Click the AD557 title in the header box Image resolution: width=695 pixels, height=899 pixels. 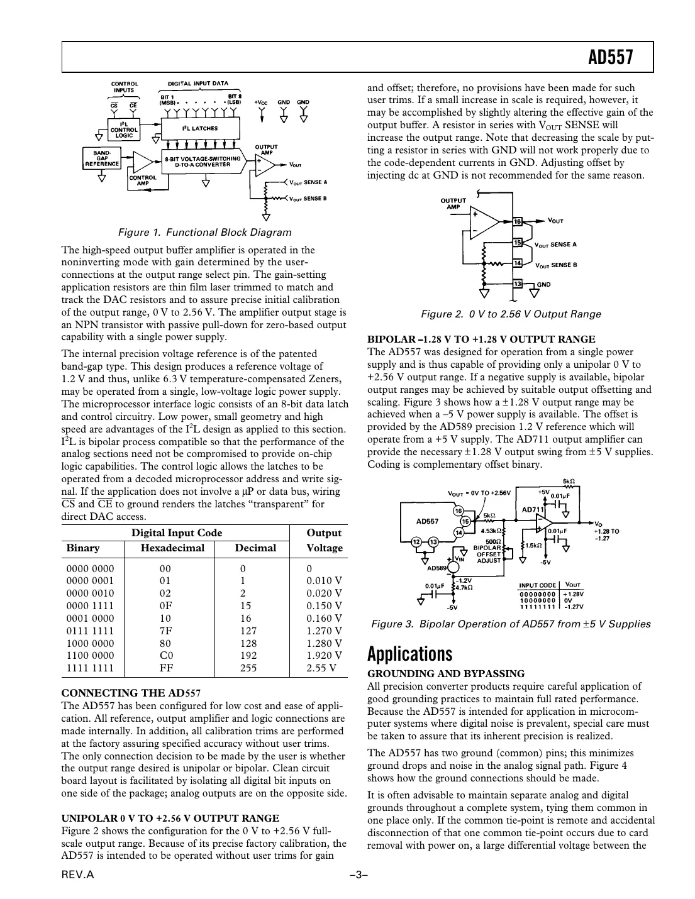(x=609, y=58)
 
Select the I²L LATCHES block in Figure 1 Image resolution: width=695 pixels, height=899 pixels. (x=200, y=128)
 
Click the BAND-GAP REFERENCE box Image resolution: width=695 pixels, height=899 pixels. (x=102, y=158)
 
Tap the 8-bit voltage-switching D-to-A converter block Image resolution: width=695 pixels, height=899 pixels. (x=202, y=162)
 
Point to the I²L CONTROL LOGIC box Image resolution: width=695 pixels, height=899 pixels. (x=124, y=130)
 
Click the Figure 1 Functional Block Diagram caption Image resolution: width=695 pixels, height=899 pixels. (x=205, y=232)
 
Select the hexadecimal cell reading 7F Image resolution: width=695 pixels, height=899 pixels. (x=165, y=631)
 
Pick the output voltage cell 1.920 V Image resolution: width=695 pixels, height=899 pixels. (x=324, y=656)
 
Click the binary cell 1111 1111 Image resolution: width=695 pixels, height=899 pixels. (x=91, y=668)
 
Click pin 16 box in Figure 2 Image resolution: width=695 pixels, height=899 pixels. (x=518, y=221)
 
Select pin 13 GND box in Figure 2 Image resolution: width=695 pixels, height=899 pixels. (x=518, y=284)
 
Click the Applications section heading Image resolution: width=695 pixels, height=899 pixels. (x=409, y=654)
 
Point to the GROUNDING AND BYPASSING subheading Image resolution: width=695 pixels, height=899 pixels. (x=445, y=674)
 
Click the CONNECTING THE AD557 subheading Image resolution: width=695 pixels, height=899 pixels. (x=131, y=693)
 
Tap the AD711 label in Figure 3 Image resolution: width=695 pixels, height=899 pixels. (x=533, y=509)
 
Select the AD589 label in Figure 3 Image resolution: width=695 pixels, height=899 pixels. (x=437, y=568)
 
